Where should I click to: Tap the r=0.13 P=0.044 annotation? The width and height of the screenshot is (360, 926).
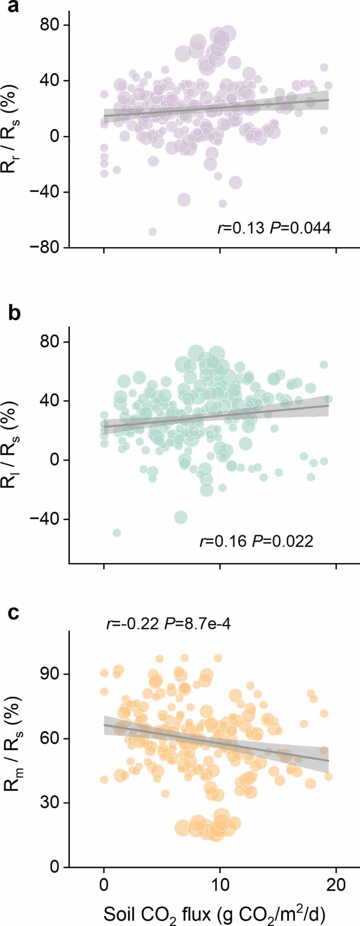pyautogui.click(x=274, y=228)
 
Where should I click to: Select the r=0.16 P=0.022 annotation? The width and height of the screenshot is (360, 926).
pyautogui.click(x=256, y=542)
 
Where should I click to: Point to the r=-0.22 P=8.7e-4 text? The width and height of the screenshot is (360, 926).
pyautogui.click(x=168, y=624)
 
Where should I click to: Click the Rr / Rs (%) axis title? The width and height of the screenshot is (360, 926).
pyautogui.click(x=13, y=136)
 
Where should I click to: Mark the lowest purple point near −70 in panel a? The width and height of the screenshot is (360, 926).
pyautogui.click(x=152, y=232)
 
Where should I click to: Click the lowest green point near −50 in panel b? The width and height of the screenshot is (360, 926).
pyautogui.click(x=117, y=533)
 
